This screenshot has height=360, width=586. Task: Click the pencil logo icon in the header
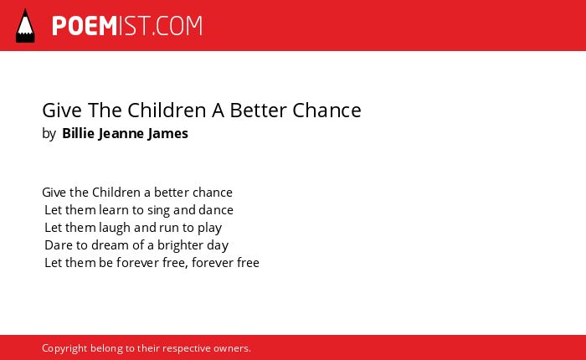(25, 26)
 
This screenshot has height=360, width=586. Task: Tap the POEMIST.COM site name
(127, 26)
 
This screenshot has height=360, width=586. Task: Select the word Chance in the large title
(326, 110)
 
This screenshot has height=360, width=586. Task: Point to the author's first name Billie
(78, 133)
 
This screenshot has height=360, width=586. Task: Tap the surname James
(167, 134)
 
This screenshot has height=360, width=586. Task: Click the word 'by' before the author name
(49, 134)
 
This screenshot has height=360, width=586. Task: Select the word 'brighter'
(180, 245)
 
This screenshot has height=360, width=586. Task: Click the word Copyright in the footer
(64, 348)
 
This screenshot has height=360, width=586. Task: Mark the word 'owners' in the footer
(230, 348)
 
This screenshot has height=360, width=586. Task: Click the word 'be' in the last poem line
(105, 262)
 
